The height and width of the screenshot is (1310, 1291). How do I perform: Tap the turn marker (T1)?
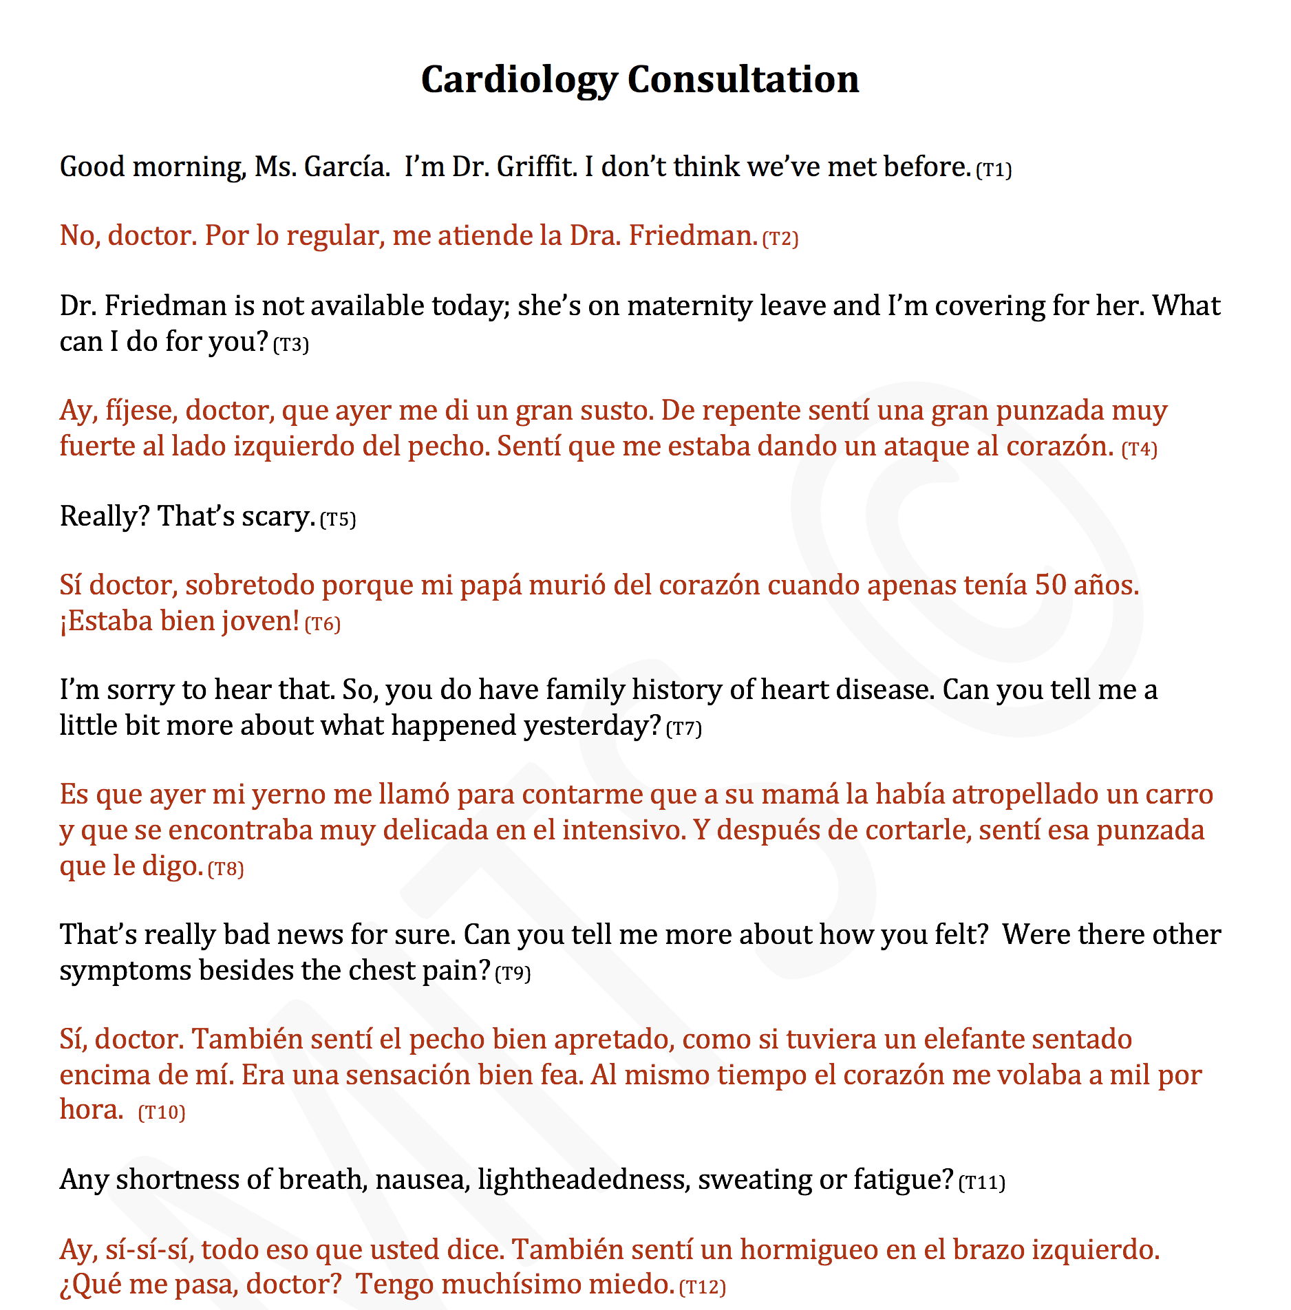pos(994,170)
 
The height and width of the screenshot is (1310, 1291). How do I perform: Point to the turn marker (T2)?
pos(780,239)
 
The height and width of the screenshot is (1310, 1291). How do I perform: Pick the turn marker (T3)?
pos(291,344)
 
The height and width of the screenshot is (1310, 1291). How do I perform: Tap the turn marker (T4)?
pos(1139,449)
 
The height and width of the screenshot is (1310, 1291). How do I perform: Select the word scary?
pos(278,517)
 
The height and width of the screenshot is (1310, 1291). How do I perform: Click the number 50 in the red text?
pos(1050,586)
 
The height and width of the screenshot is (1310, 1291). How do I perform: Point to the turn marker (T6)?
pos(322,624)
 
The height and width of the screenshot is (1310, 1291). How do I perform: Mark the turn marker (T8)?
pos(226,869)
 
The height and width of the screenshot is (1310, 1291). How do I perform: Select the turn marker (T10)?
pos(162,1113)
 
